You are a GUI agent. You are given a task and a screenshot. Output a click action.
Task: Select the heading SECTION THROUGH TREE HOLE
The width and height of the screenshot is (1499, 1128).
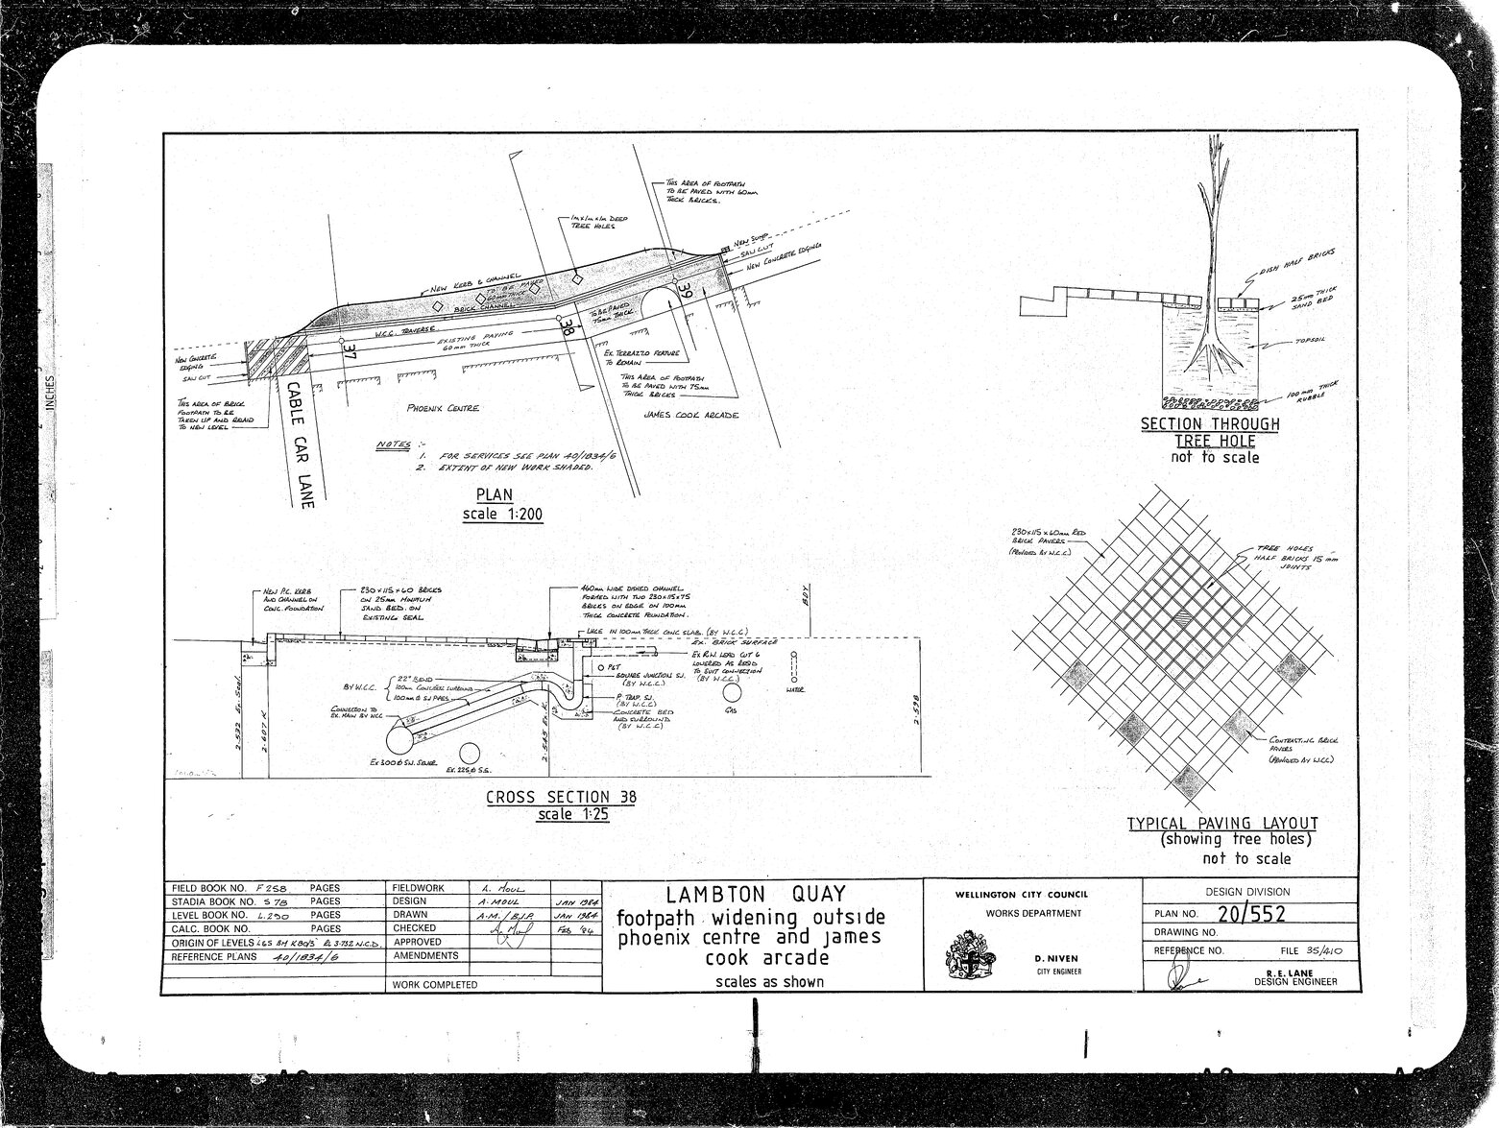pyautogui.click(x=1209, y=432)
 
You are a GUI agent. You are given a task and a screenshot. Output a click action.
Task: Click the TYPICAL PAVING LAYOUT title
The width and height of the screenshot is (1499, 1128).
pyautogui.click(x=1221, y=823)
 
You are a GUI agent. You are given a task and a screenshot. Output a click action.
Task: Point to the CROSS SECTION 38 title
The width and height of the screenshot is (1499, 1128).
pyautogui.click(x=561, y=797)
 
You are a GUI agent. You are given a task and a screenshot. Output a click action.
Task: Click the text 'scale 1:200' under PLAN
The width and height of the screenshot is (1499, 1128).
pyautogui.click(x=502, y=515)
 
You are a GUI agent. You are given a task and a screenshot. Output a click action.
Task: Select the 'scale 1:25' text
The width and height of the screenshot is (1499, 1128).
pyautogui.click(x=573, y=815)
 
